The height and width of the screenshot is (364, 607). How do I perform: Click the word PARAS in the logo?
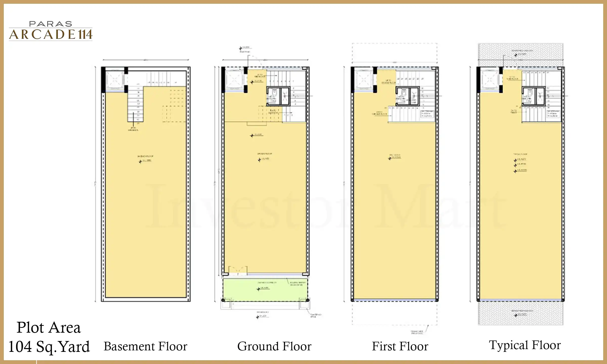coord(51,24)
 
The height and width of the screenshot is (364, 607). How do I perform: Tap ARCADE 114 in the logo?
coord(51,35)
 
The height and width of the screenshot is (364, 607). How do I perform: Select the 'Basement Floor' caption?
coord(145,347)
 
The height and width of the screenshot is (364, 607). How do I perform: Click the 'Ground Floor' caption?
coord(274,347)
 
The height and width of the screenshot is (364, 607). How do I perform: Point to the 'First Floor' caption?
coord(400,347)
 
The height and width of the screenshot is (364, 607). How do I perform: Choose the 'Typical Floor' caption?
coord(525,345)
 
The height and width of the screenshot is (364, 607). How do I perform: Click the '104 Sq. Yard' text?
coord(49,347)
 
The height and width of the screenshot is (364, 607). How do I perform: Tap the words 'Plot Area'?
coord(49,328)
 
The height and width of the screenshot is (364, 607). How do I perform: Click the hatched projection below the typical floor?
coord(521,313)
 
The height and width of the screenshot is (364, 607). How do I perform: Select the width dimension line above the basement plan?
coord(146,60)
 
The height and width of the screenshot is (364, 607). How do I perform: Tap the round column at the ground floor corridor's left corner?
coord(223,300)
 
